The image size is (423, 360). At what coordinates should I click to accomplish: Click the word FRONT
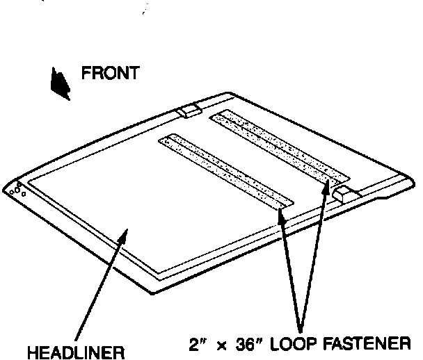111,73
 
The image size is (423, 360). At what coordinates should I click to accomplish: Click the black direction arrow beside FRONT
60,83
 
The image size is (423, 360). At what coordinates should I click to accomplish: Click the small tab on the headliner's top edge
188,111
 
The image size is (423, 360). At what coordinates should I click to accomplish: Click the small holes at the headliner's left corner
19,190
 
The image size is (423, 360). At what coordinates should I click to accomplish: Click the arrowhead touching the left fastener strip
281,213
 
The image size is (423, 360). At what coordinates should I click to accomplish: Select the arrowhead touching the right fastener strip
325,182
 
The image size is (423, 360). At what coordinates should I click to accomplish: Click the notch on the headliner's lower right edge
379,201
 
